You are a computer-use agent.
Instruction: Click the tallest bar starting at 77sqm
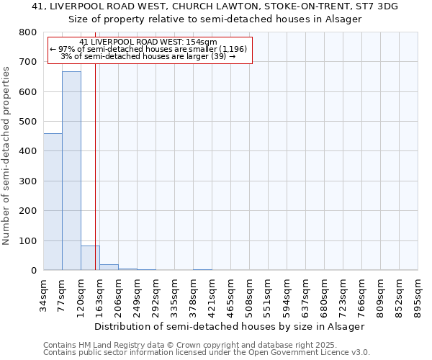click(71, 171)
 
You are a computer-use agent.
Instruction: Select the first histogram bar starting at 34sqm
click(53, 202)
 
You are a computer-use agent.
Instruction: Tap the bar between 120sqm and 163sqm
click(90, 258)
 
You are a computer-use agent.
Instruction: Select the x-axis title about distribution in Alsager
click(230, 326)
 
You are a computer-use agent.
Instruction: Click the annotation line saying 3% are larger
click(148, 56)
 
